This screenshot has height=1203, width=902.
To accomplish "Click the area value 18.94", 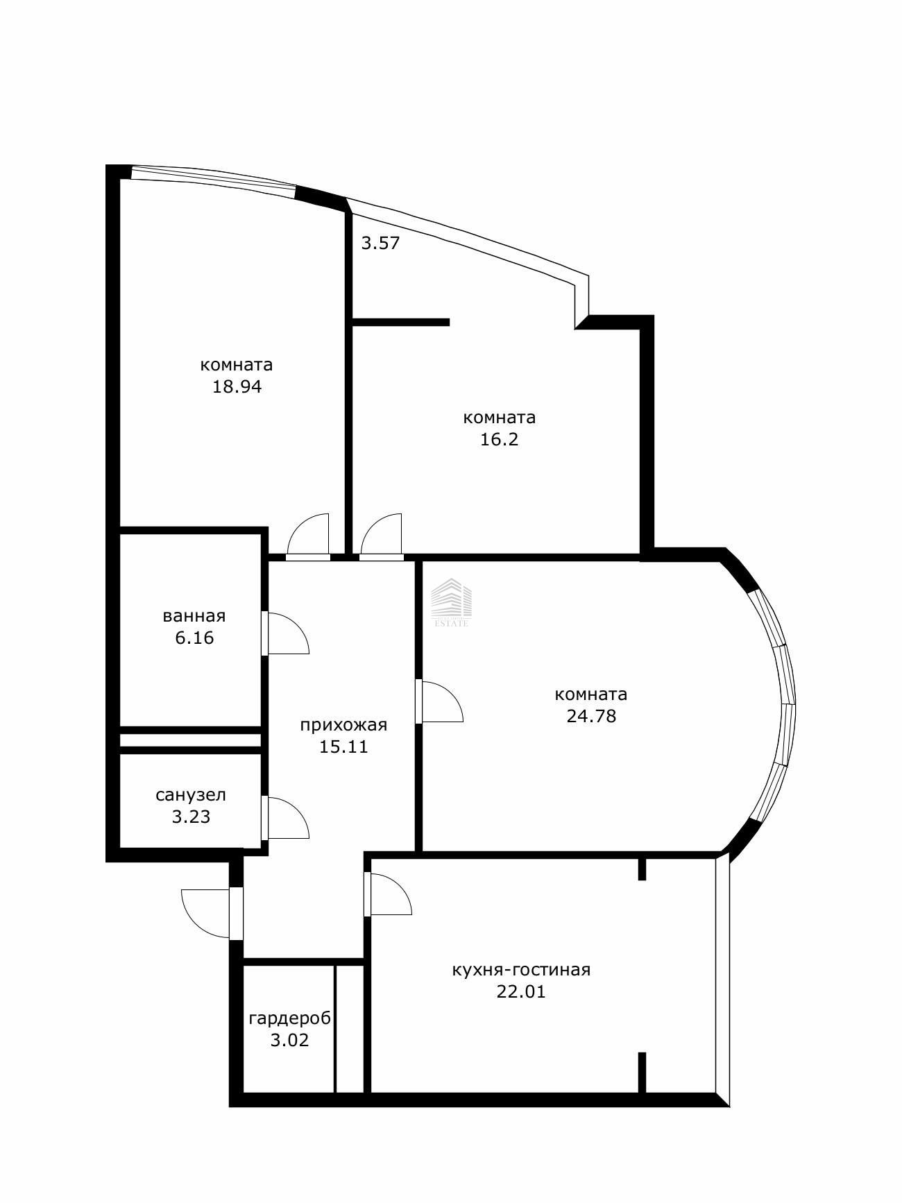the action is pyautogui.click(x=237, y=387).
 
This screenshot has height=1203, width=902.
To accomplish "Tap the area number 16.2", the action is pyautogui.click(x=500, y=440).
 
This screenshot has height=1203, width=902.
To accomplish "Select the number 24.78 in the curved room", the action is pyautogui.click(x=591, y=716).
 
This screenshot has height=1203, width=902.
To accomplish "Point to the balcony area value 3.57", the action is pyautogui.click(x=381, y=243).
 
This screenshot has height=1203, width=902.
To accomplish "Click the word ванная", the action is pyautogui.click(x=194, y=616).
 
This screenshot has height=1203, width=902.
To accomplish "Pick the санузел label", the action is pyautogui.click(x=191, y=795).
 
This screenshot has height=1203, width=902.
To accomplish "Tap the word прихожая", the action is pyautogui.click(x=343, y=726).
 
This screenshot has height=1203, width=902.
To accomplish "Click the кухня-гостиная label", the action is pyautogui.click(x=521, y=970).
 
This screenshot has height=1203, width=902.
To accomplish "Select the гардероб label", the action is pyautogui.click(x=290, y=1018).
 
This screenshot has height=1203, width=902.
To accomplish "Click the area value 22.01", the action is pyautogui.click(x=521, y=992).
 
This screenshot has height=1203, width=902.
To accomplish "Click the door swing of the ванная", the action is pyautogui.click(x=286, y=633).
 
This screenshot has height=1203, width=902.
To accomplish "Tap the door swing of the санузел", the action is pyautogui.click(x=286, y=817).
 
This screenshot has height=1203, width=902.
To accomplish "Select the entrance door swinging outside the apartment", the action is pyautogui.click(x=208, y=913).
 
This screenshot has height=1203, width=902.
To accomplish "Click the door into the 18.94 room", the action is pyautogui.click(x=308, y=536).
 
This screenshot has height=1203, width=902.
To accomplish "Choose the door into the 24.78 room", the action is pyautogui.click(x=439, y=701).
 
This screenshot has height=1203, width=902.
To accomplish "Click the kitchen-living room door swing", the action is pyautogui.click(x=388, y=894).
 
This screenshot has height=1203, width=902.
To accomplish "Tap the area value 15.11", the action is pyautogui.click(x=343, y=747).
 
